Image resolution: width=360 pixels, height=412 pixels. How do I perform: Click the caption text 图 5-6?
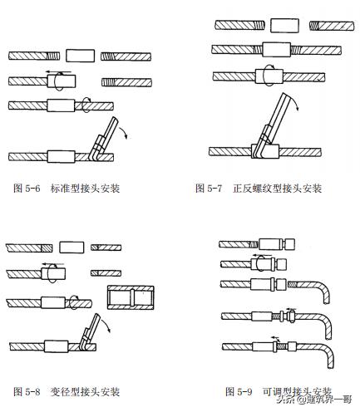point(27,189)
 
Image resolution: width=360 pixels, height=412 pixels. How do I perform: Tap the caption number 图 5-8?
point(27,390)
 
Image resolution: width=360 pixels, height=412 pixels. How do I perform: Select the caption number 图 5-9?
point(239,390)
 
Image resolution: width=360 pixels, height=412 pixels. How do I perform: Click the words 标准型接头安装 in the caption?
point(86,189)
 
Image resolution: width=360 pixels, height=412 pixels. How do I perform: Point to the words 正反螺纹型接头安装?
point(279,189)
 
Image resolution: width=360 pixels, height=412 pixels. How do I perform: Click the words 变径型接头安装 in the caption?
point(86,390)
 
